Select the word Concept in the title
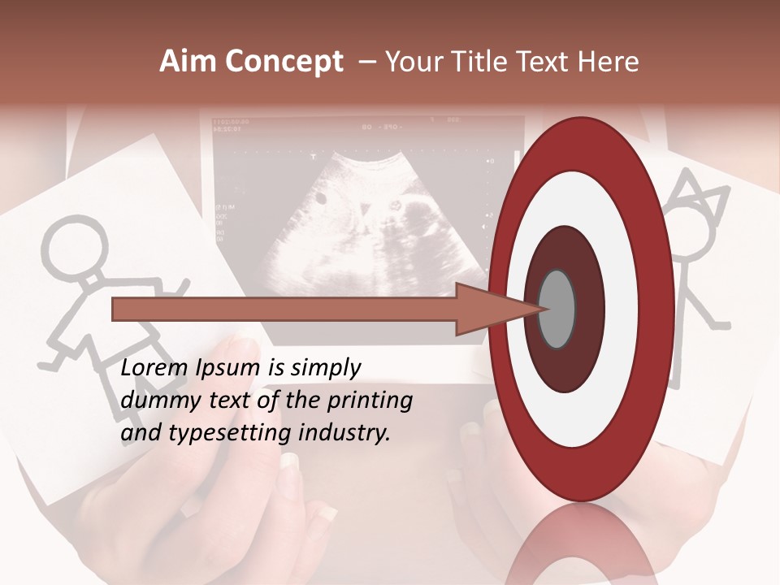[x=284, y=62]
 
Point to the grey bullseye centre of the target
[x=557, y=309]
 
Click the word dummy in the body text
[x=156, y=401]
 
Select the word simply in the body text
[x=323, y=369]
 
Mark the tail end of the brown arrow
[x=115, y=310]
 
